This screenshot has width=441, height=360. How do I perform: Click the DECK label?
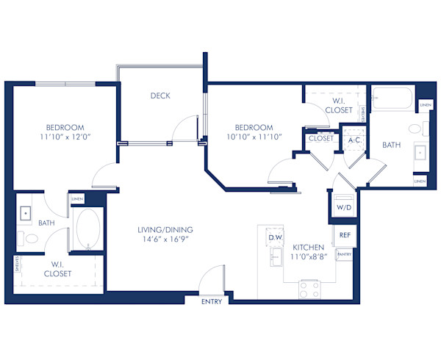click(161, 96)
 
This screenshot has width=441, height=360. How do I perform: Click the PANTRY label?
click(344, 254)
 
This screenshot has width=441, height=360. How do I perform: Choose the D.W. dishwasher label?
click(276, 237)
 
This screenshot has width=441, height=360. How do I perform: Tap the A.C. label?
click(354, 140)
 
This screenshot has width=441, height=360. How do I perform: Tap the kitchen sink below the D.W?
click(276, 257)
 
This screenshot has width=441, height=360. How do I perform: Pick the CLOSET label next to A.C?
click(321, 138)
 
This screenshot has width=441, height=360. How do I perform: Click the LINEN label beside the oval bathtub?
click(77, 199)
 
